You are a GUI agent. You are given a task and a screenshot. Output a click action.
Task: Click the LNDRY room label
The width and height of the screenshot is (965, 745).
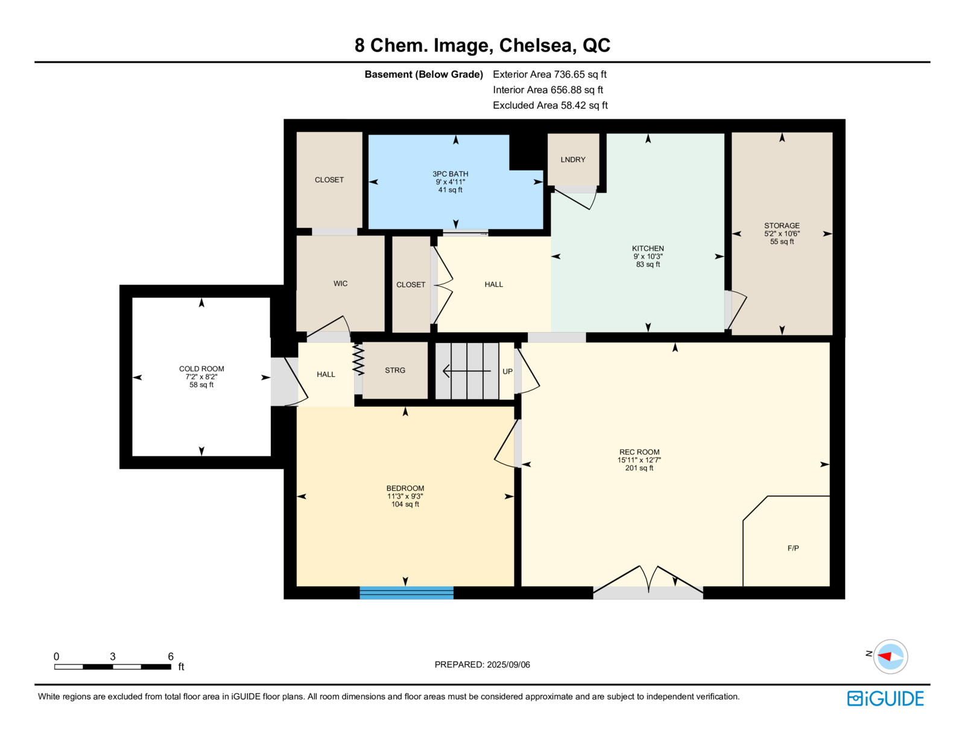click(572, 160)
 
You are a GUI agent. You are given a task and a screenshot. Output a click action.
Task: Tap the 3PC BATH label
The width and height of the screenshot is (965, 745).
click(451, 174)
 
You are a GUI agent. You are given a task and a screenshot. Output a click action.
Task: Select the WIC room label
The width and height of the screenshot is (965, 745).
click(340, 283)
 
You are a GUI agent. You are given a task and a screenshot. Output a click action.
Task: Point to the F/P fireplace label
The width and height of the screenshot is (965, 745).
click(793, 548)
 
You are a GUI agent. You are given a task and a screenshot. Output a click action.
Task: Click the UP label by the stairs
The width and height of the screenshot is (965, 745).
click(507, 371)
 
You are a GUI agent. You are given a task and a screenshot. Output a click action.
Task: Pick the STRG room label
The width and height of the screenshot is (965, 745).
click(395, 370)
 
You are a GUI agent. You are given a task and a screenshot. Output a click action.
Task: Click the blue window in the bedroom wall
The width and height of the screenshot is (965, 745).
click(407, 593)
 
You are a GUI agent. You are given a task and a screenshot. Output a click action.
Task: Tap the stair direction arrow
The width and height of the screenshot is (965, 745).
click(467, 371)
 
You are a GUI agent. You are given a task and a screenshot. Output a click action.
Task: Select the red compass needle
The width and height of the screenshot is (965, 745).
click(885, 656)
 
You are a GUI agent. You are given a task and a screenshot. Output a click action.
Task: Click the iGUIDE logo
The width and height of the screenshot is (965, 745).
click(885, 699)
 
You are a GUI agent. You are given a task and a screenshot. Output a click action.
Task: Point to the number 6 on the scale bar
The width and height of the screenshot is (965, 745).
click(171, 656)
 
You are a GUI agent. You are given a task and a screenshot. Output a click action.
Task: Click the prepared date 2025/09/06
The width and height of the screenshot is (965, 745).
click(508, 665)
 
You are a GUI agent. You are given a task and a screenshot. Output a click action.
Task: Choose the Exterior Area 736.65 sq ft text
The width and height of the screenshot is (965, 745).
click(549, 75)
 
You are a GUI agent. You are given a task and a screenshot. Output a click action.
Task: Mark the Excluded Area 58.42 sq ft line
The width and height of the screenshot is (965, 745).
click(550, 105)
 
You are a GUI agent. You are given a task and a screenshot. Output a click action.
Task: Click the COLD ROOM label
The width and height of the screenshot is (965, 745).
click(201, 369)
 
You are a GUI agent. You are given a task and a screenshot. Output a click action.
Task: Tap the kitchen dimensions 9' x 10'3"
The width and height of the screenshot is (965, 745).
click(648, 256)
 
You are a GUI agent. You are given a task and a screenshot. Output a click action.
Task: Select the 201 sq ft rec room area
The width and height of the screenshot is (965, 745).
click(639, 468)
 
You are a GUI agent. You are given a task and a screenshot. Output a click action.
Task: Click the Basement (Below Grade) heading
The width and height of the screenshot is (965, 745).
click(423, 75)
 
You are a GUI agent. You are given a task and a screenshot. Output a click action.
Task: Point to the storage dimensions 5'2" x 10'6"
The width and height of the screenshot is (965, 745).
click(782, 233)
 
